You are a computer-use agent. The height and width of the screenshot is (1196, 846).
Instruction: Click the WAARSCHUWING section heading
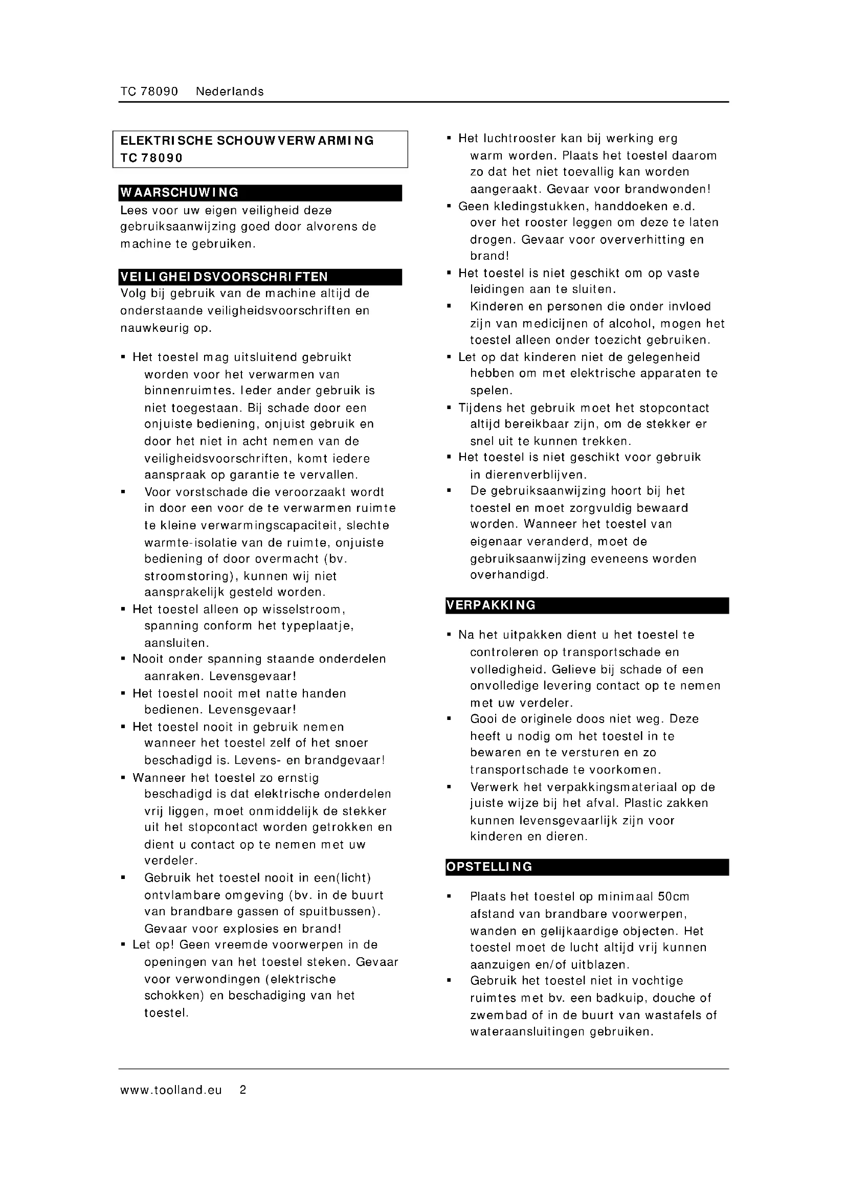pyautogui.click(x=180, y=193)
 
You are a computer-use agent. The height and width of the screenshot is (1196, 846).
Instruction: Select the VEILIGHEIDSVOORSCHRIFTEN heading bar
pyautogui.click(x=224, y=277)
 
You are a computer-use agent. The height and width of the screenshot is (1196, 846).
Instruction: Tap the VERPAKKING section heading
pyautogui.click(x=491, y=605)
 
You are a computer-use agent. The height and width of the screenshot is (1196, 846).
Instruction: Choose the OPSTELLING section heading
pyautogui.click(x=489, y=867)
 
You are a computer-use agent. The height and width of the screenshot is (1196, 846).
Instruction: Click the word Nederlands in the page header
pyautogui.click(x=230, y=92)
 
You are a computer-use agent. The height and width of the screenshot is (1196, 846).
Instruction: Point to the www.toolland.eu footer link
pyautogui.click(x=171, y=1090)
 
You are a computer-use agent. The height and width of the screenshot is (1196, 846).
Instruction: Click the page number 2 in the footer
pyautogui.click(x=243, y=1090)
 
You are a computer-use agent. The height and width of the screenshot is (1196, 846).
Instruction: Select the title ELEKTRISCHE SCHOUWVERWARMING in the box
pyautogui.click(x=247, y=141)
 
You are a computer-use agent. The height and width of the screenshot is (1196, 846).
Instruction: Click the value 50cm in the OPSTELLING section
pyautogui.click(x=674, y=896)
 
